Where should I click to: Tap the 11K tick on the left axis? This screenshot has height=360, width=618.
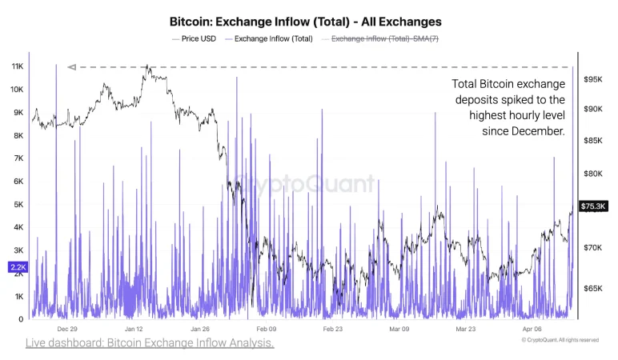pyautogui.click(x=17, y=66)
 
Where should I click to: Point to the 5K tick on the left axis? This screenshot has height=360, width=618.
pyautogui.click(x=17, y=204)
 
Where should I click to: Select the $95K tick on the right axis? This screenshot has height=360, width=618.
pyautogui.click(x=593, y=79)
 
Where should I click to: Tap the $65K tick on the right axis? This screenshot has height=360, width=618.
pyautogui.click(x=593, y=288)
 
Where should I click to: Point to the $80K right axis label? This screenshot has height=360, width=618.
pyautogui.click(x=593, y=174)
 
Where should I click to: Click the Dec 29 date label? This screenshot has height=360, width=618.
pyautogui.click(x=67, y=329)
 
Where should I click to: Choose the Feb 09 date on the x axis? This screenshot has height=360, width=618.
pyautogui.click(x=266, y=329)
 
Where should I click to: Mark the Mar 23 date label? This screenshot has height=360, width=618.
pyautogui.click(x=466, y=329)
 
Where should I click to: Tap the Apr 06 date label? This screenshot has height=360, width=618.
pyautogui.click(x=532, y=329)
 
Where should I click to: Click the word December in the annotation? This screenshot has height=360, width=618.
pyautogui.click(x=538, y=131)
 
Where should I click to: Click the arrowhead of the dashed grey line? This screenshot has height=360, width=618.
pyautogui.click(x=71, y=67)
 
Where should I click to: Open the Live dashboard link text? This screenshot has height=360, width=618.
pyautogui.click(x=150, y=343)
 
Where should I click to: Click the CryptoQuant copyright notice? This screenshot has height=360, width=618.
pyautogui.click(x=560, y=340)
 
